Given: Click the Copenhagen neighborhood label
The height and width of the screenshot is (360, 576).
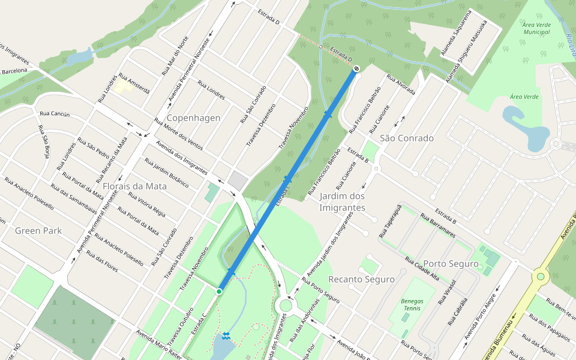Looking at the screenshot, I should pos(193,118).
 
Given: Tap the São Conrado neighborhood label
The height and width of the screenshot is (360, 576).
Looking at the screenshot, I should pos(406,138).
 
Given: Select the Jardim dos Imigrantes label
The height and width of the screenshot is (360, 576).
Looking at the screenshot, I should pos(342,202).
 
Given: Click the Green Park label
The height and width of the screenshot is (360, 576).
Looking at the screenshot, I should pos(38,230).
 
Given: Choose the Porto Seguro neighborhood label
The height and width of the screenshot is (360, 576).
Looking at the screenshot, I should pos(451,264).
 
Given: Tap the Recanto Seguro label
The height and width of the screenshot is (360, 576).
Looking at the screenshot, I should pos(361,280).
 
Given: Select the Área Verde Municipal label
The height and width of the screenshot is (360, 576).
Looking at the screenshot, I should pos(536,27).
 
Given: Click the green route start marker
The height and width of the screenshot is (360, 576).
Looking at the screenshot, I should pos(219,291).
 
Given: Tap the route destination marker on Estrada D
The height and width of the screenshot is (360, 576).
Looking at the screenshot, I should pos(356,69).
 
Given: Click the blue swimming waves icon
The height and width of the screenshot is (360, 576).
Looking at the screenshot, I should pos(226,335).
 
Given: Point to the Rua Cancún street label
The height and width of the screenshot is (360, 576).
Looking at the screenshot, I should pos(55,114).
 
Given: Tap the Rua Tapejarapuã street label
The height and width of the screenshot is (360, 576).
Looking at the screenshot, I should pos(389,220).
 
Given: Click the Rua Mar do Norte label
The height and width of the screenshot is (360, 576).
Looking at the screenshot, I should pos(175,55).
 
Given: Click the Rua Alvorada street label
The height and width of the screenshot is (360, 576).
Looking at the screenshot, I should pos(401,85).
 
